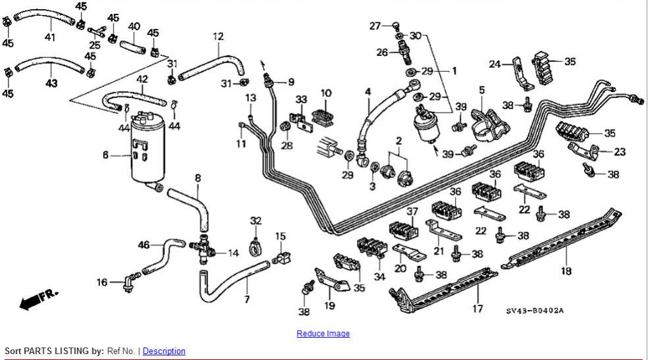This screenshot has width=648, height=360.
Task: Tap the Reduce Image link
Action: click(323, 334)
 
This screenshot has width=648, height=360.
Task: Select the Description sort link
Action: click(164, 351)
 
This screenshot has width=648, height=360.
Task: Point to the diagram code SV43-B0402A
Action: click(535, 311)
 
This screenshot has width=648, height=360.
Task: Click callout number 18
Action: click(566, 270)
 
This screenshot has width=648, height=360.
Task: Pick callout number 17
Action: click(477, 308)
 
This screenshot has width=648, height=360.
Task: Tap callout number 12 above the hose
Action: click(218, 36)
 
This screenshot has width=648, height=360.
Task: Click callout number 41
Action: click(49, 37)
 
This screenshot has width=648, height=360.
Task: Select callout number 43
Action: click(51, 83)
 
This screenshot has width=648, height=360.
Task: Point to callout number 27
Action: click(375, 26)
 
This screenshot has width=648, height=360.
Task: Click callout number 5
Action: click(481, 90)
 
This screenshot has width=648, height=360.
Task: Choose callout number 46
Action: click(144, 245)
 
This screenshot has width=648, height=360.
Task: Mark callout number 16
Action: click(102, 282)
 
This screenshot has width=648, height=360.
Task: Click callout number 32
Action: click(256, 220)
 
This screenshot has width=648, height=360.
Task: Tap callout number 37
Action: click(412, 211)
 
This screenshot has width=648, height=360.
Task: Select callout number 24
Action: click(495, 64)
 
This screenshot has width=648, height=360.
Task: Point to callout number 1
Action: click(453, 70)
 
